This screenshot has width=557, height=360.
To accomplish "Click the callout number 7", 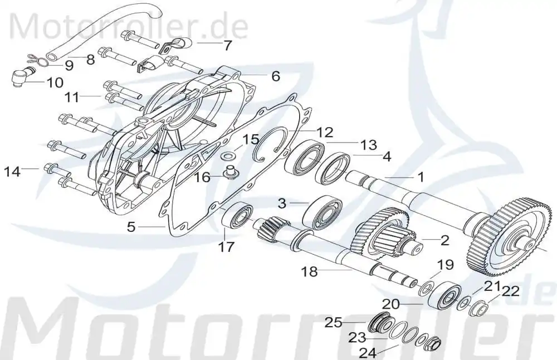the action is (x=227, y=46).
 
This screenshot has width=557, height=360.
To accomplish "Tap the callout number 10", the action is (x=55, y=83).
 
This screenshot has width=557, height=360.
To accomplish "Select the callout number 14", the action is (x=12, y=172).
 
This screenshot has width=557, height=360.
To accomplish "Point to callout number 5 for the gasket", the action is (x=131, y=227).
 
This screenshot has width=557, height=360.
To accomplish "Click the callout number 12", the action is (x=325, y=133).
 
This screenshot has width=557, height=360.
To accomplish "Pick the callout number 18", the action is (x=309, y=272).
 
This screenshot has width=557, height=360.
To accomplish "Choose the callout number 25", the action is (x=333, y=323).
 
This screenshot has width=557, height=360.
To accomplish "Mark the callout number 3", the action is (x=282, y=203).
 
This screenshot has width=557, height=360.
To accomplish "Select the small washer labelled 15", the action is (x=226, y=156).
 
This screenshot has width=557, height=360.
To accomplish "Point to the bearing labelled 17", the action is (x=237, y=216).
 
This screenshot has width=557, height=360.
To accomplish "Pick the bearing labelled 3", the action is (x=322, y=212).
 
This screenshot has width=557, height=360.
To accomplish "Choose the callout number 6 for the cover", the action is (x=276, y=76).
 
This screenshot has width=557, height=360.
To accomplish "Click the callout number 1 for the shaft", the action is (x=421, y=177).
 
